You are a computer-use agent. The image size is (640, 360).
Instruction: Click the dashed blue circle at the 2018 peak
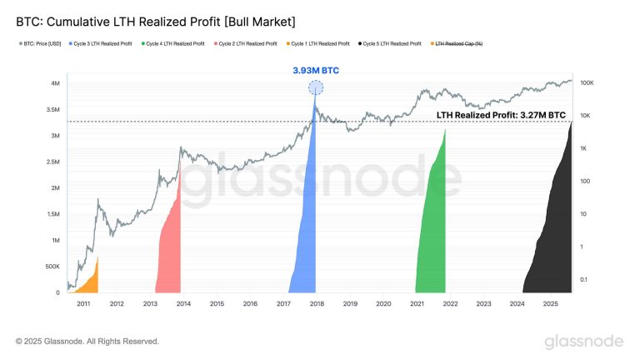316,88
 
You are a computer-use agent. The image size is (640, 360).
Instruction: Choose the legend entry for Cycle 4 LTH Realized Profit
175,42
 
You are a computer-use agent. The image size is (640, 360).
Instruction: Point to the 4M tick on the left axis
52,83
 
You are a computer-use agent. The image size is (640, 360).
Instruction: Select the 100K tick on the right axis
587,83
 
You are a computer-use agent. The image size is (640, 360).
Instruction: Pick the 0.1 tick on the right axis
585,279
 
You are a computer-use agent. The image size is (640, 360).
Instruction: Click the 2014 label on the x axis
183,304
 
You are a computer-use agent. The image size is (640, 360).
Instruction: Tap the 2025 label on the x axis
550,304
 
